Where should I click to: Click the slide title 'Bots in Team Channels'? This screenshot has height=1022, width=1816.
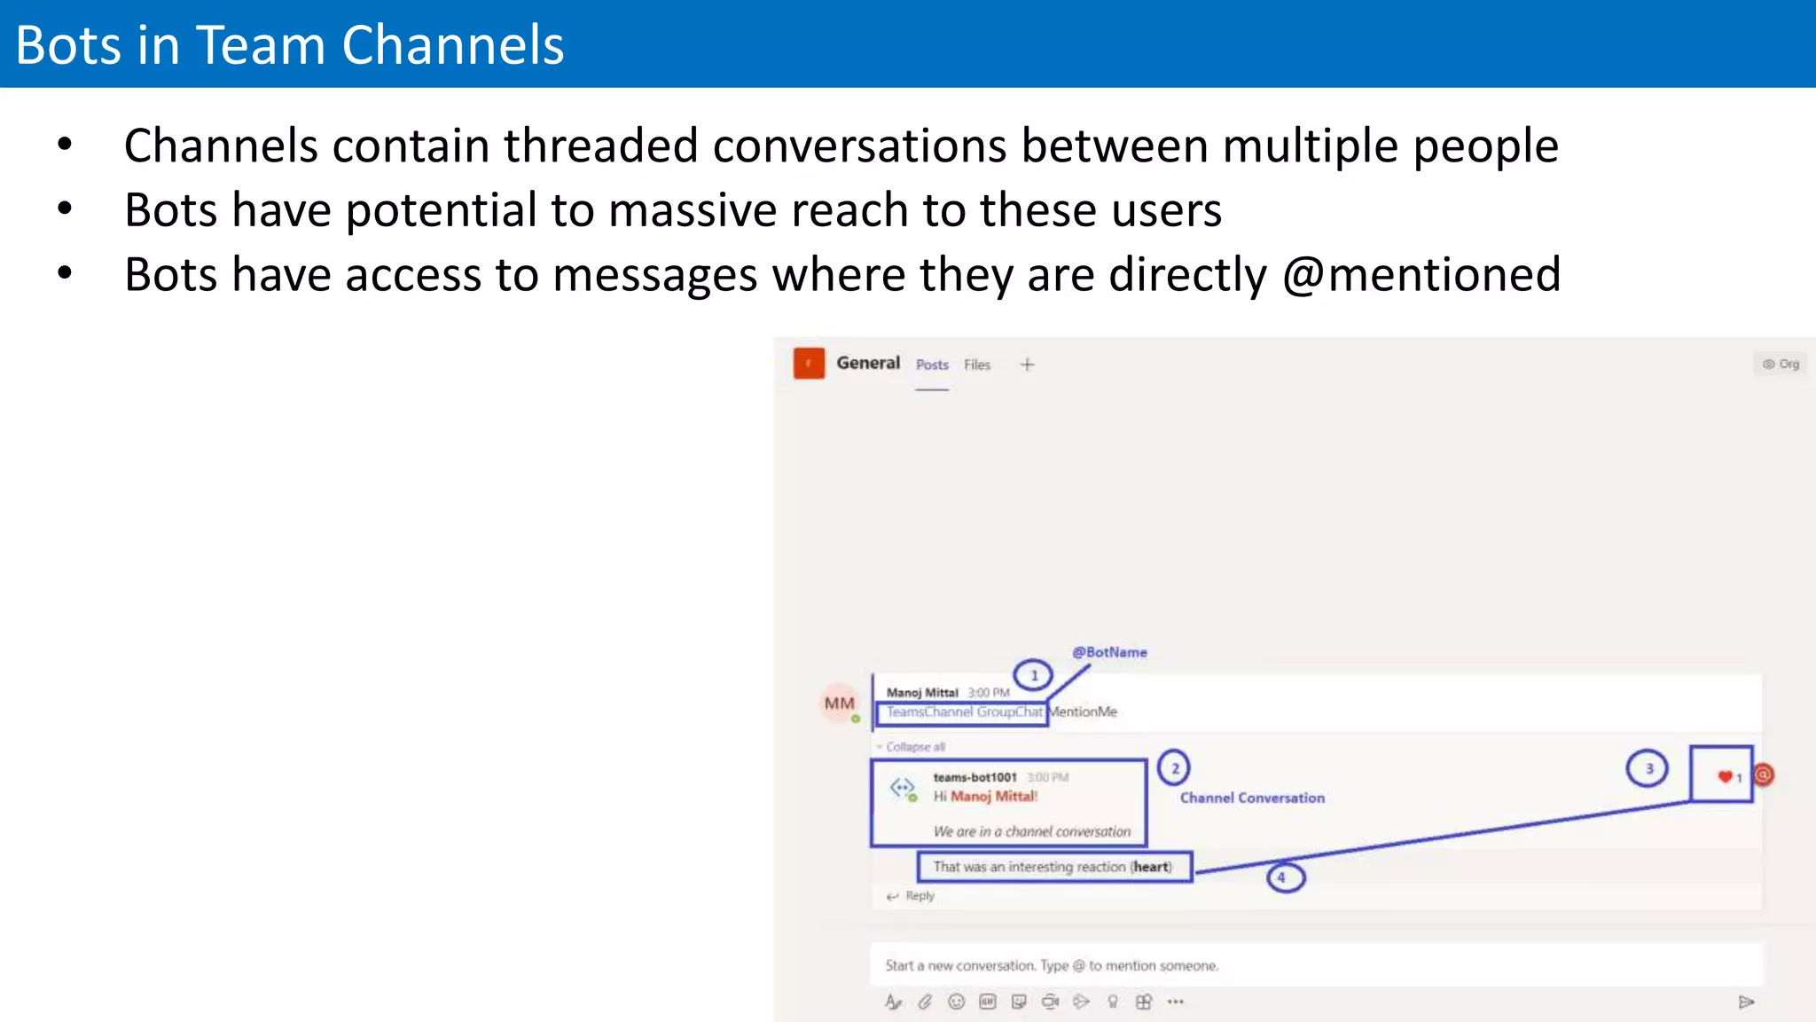point(289,45)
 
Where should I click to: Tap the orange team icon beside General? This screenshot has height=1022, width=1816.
point(809,364)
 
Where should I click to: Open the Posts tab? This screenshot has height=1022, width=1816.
point(932,365)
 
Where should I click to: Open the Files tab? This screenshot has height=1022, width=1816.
point(977,365)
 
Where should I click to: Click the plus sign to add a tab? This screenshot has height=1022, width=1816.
point(1027,365)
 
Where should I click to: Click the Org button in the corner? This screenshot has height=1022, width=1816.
point(1781,364)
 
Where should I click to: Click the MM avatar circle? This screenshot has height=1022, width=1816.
point(839,704)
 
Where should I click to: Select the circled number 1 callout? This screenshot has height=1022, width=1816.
point(1033,675)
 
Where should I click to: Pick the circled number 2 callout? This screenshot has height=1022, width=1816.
point(1174,768)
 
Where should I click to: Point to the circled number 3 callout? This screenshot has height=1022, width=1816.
point(1648,768)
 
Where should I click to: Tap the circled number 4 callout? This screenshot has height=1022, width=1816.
point(1285,877)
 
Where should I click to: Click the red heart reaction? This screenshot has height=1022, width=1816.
point(1725,777)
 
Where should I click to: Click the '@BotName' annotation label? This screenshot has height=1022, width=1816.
point(1109,652)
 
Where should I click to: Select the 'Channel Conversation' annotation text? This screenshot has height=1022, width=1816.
point(1252,798)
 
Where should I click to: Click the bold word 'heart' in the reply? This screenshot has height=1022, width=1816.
point(1151,867)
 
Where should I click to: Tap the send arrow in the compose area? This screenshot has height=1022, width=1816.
point(1746,1002)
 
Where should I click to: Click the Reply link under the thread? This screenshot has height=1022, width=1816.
point(920,896)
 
